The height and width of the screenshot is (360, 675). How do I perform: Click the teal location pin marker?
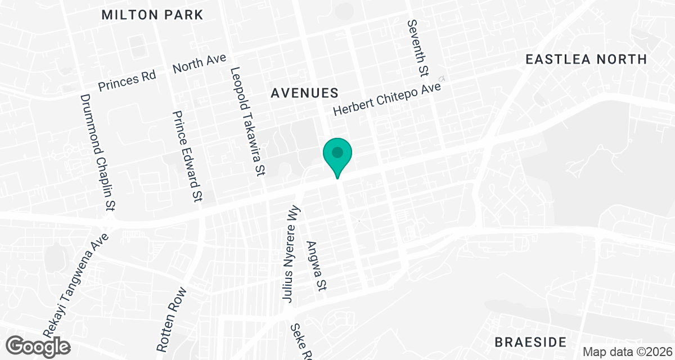(x=337, y=157)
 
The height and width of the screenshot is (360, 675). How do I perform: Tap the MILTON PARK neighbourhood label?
(x=152, y=15)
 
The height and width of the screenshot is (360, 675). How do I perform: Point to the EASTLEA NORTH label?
(x=586, y=59)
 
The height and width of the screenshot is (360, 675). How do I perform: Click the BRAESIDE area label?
(x=530, y=341)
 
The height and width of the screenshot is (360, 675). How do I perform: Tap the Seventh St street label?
(x=418, y=48)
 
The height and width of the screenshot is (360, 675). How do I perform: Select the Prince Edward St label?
(x=187, y=156)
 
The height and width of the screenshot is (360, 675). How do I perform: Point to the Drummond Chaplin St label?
(x=97, y=152)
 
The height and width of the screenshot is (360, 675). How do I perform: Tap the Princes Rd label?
(x=127, y=82)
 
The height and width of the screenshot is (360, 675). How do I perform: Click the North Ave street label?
(x=199, y=63)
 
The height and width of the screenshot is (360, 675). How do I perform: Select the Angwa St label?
(x=316, y=267)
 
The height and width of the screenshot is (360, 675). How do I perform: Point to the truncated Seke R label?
(x=301, y=342)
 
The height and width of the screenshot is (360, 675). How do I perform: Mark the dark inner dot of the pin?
(x=337, y=152)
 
